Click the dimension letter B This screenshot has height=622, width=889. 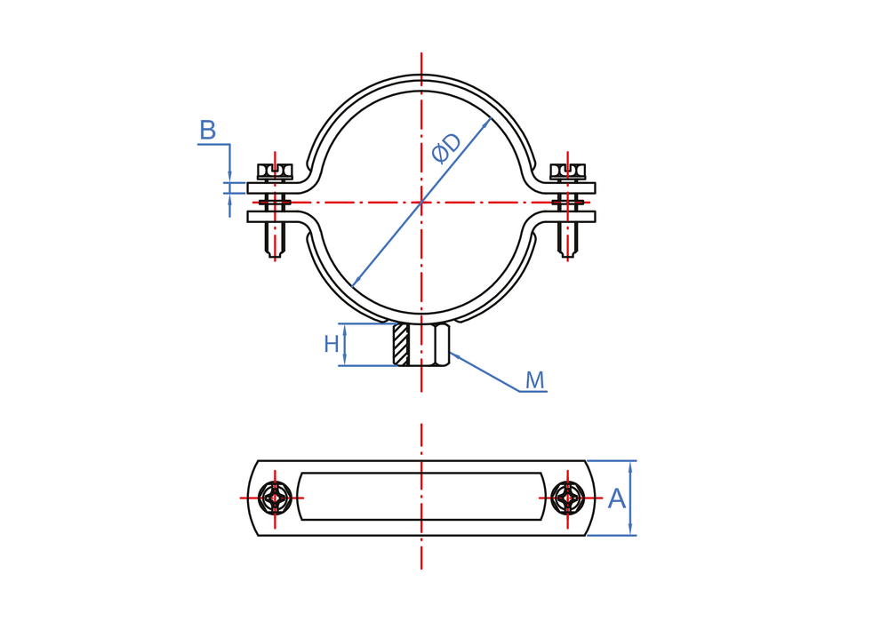[208, 131]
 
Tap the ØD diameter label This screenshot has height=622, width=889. [446, 148]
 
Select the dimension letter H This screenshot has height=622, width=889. [332, 344]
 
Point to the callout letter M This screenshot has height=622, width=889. [534, 379]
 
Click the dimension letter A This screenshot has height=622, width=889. [617, 499]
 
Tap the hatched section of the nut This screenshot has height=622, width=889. [402, 345]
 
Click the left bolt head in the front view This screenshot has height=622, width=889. [275, 172]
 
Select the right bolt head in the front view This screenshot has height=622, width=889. [568, 172]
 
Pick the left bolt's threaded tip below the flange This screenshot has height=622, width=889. [275, 240]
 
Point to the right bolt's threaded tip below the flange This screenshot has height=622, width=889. [568, 240]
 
